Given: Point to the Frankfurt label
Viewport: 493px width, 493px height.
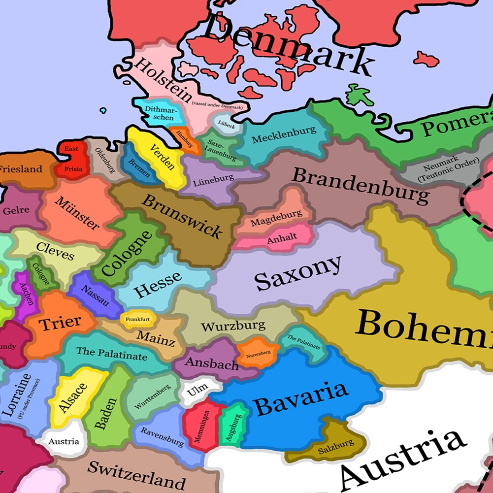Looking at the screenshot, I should coord(137,320).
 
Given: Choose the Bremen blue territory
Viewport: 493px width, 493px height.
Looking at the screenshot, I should coord(140,168).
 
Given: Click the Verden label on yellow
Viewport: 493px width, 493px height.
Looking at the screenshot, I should coord(162,157).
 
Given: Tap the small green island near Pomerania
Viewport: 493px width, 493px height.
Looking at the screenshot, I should coord(359,95).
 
